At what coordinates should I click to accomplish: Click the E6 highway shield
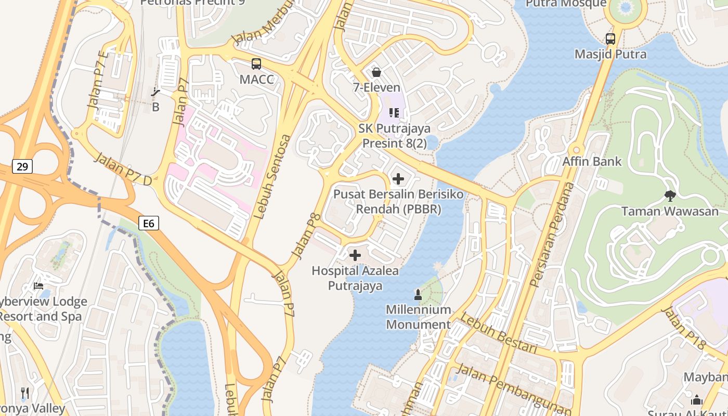149,223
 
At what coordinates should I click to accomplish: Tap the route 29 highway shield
22,166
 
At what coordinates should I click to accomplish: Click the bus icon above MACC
256,64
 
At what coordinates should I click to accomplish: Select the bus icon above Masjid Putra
610,38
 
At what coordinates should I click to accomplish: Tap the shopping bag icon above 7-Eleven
376,72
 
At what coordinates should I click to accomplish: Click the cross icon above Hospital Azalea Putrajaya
355,255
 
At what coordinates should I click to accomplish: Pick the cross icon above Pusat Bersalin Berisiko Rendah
398,179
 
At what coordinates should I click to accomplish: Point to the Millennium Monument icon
418,295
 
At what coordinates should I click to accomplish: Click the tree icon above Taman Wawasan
670,196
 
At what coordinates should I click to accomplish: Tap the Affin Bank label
592,161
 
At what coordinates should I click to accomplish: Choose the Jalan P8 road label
305,236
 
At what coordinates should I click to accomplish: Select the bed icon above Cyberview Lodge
38,285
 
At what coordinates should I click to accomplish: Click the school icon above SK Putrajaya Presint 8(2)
394,112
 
